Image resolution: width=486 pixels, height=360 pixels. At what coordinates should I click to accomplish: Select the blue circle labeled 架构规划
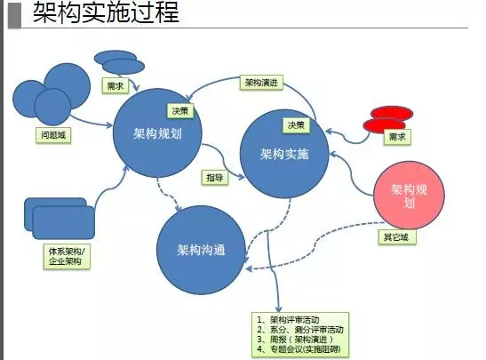coord(157,132)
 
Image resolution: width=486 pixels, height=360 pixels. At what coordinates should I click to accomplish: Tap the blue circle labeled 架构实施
coord(284,154)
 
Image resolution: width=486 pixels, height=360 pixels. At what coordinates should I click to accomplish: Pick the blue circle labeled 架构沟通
coord(201,250)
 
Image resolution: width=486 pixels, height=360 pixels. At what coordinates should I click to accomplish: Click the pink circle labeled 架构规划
coord(409,195)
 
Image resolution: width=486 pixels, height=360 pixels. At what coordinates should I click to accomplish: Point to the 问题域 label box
coord(53,135)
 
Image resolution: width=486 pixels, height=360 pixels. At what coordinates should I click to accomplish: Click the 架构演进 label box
coord(261,83)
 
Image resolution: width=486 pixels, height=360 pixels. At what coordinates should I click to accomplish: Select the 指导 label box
coord(215,178)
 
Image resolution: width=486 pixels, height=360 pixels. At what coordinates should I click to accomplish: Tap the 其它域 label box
coord(397,237)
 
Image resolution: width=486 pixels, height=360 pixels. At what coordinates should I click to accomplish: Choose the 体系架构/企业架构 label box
coord(67,256)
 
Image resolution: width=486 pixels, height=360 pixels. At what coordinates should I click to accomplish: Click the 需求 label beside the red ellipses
coord(397,137)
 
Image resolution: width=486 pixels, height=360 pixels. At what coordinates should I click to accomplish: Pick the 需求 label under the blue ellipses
coord(115,85)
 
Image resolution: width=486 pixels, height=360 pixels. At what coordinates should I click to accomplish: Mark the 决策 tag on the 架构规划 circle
coord(180,111)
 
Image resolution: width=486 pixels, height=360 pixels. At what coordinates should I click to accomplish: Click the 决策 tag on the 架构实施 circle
coord(296,125)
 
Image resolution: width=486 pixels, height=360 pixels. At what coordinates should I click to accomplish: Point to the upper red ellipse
coord(392,113)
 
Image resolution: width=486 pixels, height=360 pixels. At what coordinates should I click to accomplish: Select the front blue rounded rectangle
coord(64,222)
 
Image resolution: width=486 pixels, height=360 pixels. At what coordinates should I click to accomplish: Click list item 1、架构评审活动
coord(288,320)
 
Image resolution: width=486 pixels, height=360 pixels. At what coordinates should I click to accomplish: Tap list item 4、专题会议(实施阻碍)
coord(299,349)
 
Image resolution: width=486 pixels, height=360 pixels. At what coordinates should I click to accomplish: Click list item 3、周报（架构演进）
coord(295,340)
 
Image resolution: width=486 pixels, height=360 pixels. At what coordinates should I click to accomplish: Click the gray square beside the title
coord(14,15)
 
